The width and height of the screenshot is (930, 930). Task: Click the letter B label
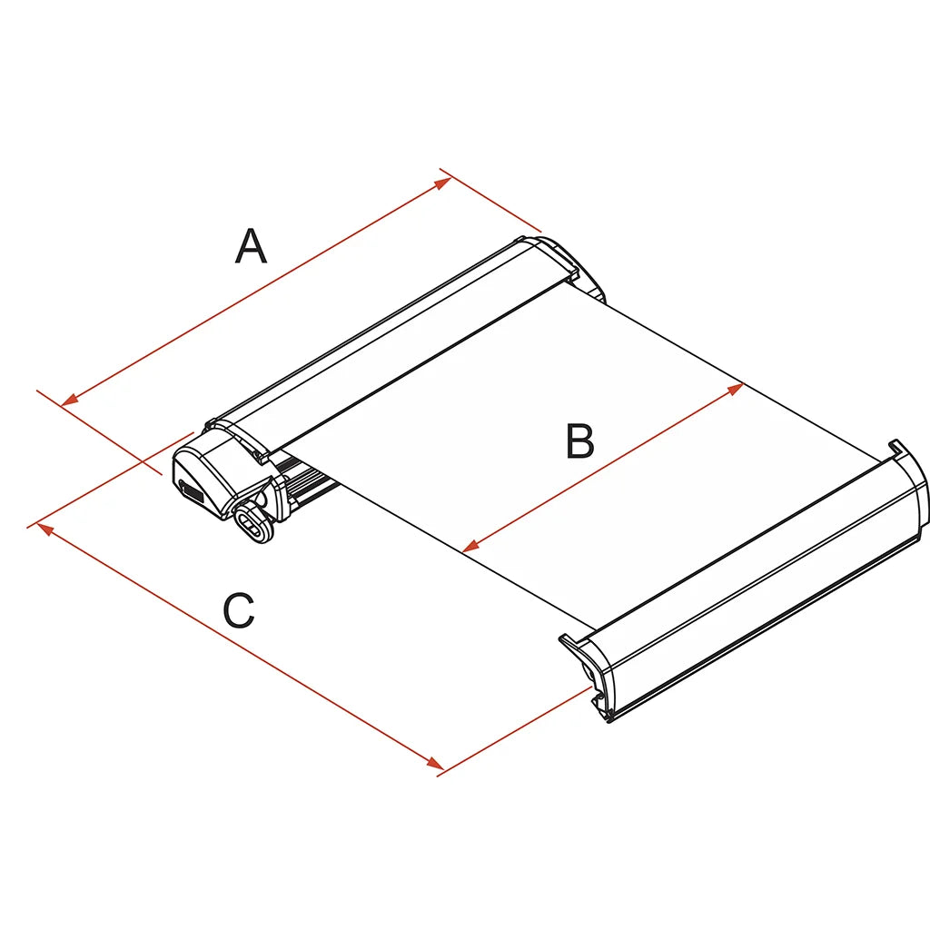coord(579,440)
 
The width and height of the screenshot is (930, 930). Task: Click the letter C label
coord(239,609)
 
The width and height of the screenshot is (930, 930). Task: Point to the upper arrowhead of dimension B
coord(735,389)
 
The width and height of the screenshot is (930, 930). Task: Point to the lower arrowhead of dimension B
coord(470,546)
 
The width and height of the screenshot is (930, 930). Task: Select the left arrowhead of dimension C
coord(45,529)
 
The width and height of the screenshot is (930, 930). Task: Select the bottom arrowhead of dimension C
coord(435,763)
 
